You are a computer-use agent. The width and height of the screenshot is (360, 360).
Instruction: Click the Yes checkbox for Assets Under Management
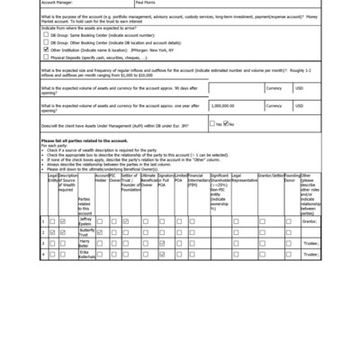click(212, 123)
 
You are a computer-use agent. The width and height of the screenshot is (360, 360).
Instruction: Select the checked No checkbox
click(227, 123)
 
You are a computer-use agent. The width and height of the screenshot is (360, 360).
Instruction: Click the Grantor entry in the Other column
click(310, 220)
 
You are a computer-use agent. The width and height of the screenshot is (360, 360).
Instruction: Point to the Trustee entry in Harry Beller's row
click(310, 244)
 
